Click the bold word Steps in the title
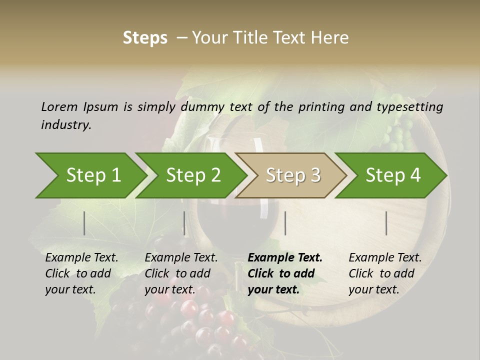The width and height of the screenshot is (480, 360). [x=145, y=38]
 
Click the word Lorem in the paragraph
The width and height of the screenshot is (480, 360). [x=58, y=106]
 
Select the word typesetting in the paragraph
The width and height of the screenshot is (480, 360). [x=409, y=107]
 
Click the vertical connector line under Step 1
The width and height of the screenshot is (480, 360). [x=84, y=223]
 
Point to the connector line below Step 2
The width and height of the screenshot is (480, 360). [x=184, y=223]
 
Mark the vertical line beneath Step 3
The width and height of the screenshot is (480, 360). [x=285, y=223]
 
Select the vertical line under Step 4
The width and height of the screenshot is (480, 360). [x=386, y=223]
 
